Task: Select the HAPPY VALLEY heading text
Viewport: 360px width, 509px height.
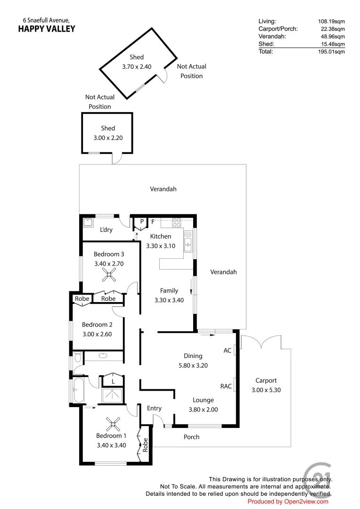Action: tap(46, 29)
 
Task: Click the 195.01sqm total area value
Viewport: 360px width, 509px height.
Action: tap(331, 52)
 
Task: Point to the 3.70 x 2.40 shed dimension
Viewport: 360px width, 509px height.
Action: tap(137, 66)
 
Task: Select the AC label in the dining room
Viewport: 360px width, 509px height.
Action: tap(227, 351)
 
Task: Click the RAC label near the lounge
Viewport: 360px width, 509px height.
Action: tap(226, 386)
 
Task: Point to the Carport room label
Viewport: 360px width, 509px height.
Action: tap(266, 380)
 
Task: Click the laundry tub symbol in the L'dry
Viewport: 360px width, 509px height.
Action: tap(88, 222)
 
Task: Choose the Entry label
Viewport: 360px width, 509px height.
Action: tap(154, 408)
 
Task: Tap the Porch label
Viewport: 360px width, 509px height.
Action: tap(191, 437)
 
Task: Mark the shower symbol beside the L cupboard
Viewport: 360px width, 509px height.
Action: tap(113, 397)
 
